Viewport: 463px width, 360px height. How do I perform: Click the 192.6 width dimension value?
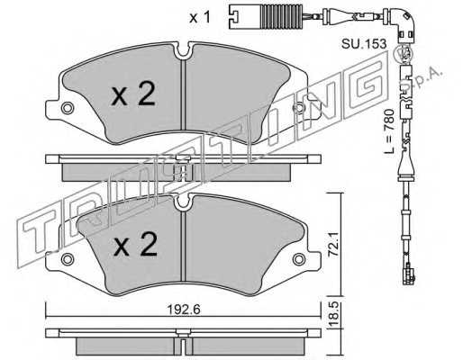coord(184,310)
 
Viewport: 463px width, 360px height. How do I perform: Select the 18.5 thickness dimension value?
coord(334,314)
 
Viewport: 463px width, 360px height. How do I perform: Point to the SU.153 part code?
coord(363,44)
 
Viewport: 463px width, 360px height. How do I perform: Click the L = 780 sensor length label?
coord(389,131)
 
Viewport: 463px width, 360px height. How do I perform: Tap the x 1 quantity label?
coord(200,17)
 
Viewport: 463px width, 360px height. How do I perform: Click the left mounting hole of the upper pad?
coord(67,108)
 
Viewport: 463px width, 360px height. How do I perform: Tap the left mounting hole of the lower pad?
coord(67,259)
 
